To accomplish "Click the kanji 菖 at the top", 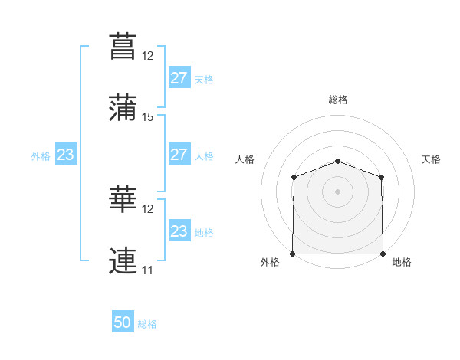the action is click(123, 46).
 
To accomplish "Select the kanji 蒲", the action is click(123, 107).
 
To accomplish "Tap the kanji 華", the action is click(123, 199).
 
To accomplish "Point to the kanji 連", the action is click(123, 260).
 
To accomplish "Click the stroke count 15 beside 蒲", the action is click(147, 117).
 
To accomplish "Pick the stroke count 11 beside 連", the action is click(147, 270).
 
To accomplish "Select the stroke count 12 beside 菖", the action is click(147, 56).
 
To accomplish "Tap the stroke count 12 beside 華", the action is click(147, 209).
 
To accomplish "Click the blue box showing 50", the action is click(123, 321).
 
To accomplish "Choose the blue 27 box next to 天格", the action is click(180, 77).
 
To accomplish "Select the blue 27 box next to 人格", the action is click(180, 154).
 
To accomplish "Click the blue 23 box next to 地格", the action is click(180, 230).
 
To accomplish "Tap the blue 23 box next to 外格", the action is click(66, 154).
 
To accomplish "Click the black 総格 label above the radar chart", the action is click(338, 100).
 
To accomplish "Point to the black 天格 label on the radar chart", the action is click(431, 159).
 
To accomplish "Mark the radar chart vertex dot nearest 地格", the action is click(383, 254).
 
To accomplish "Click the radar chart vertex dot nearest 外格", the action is click(293, 254).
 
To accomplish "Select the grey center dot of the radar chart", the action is click(337, 191).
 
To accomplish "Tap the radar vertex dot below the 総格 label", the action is click(337, 162).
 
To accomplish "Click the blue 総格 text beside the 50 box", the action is click(147, 324).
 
